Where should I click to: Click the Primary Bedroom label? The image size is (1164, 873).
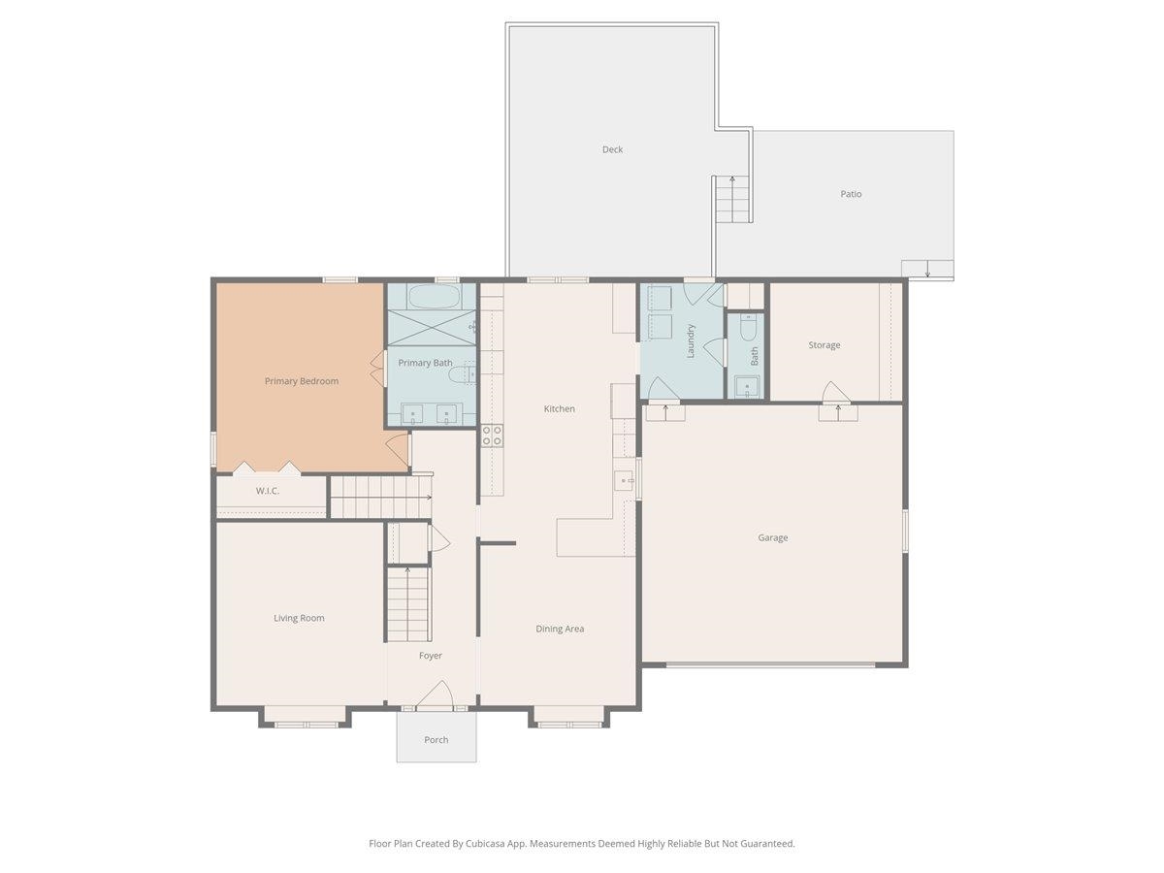(x=302, y=381)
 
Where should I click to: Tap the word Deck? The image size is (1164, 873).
(x=612, y=149)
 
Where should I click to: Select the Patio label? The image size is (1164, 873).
(x=851, y=194)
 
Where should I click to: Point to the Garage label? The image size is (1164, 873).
(x=773, y=537)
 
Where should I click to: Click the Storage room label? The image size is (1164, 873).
(x=824, y=345)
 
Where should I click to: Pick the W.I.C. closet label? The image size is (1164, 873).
(x=268, y=491)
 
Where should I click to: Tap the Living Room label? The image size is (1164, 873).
(x=299, y=618)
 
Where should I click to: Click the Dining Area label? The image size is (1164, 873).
(x=560, y=629)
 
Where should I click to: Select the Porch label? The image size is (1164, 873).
(x=436, y=740)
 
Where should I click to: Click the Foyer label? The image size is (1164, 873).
(x=431, y=656)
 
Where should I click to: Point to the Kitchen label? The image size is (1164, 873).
(x=559, y=409)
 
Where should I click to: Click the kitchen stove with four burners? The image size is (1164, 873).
(x=493, y=436)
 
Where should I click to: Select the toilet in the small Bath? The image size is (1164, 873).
(x=747, y=330)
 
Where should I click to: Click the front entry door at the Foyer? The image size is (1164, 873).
(x=436, y=696)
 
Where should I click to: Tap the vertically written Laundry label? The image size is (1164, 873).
(x=691, y=340)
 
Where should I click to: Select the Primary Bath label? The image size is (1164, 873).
(x=425, y=363)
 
